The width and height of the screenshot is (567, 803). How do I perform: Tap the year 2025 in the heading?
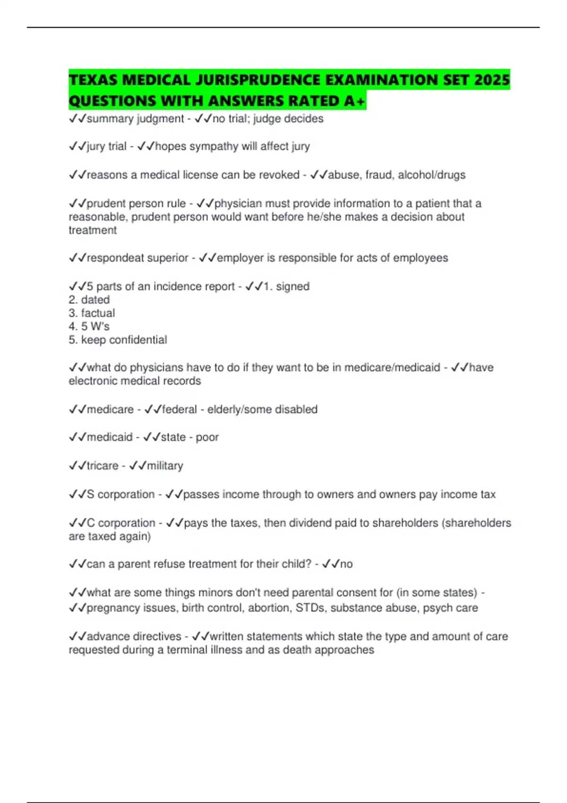(x=491, y=80)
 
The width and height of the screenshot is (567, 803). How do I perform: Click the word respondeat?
(x=114, y=258)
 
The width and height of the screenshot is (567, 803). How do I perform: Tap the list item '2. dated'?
(x=89, y=300)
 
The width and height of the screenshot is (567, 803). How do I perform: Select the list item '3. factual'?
(x=92, y=313)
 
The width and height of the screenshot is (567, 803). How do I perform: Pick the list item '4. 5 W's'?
(x=89, y=326)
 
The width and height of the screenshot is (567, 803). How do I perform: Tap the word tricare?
(x=103, y=466)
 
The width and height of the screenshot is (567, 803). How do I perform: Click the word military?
(x=165, y=466)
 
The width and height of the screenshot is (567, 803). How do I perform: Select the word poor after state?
(x=207, y=437)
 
